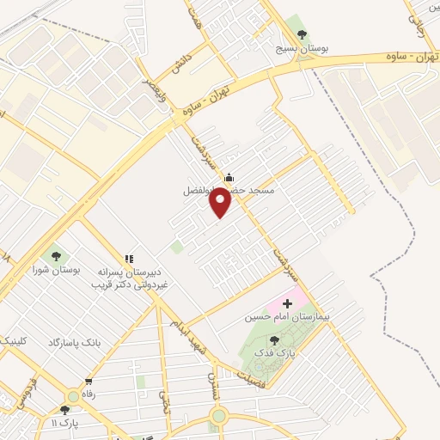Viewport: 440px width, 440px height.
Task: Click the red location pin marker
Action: click(x=222, y=203)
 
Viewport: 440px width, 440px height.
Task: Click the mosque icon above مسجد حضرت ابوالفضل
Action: click(x=228, y=178)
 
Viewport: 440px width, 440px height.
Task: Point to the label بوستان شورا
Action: click(x=56, y=270)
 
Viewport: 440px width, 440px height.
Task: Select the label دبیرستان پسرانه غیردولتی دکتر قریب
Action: click(x=130, y=277)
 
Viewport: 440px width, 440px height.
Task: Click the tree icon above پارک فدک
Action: click(x=274, y=340)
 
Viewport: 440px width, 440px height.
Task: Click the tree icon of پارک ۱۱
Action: click(x=65, y=410)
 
